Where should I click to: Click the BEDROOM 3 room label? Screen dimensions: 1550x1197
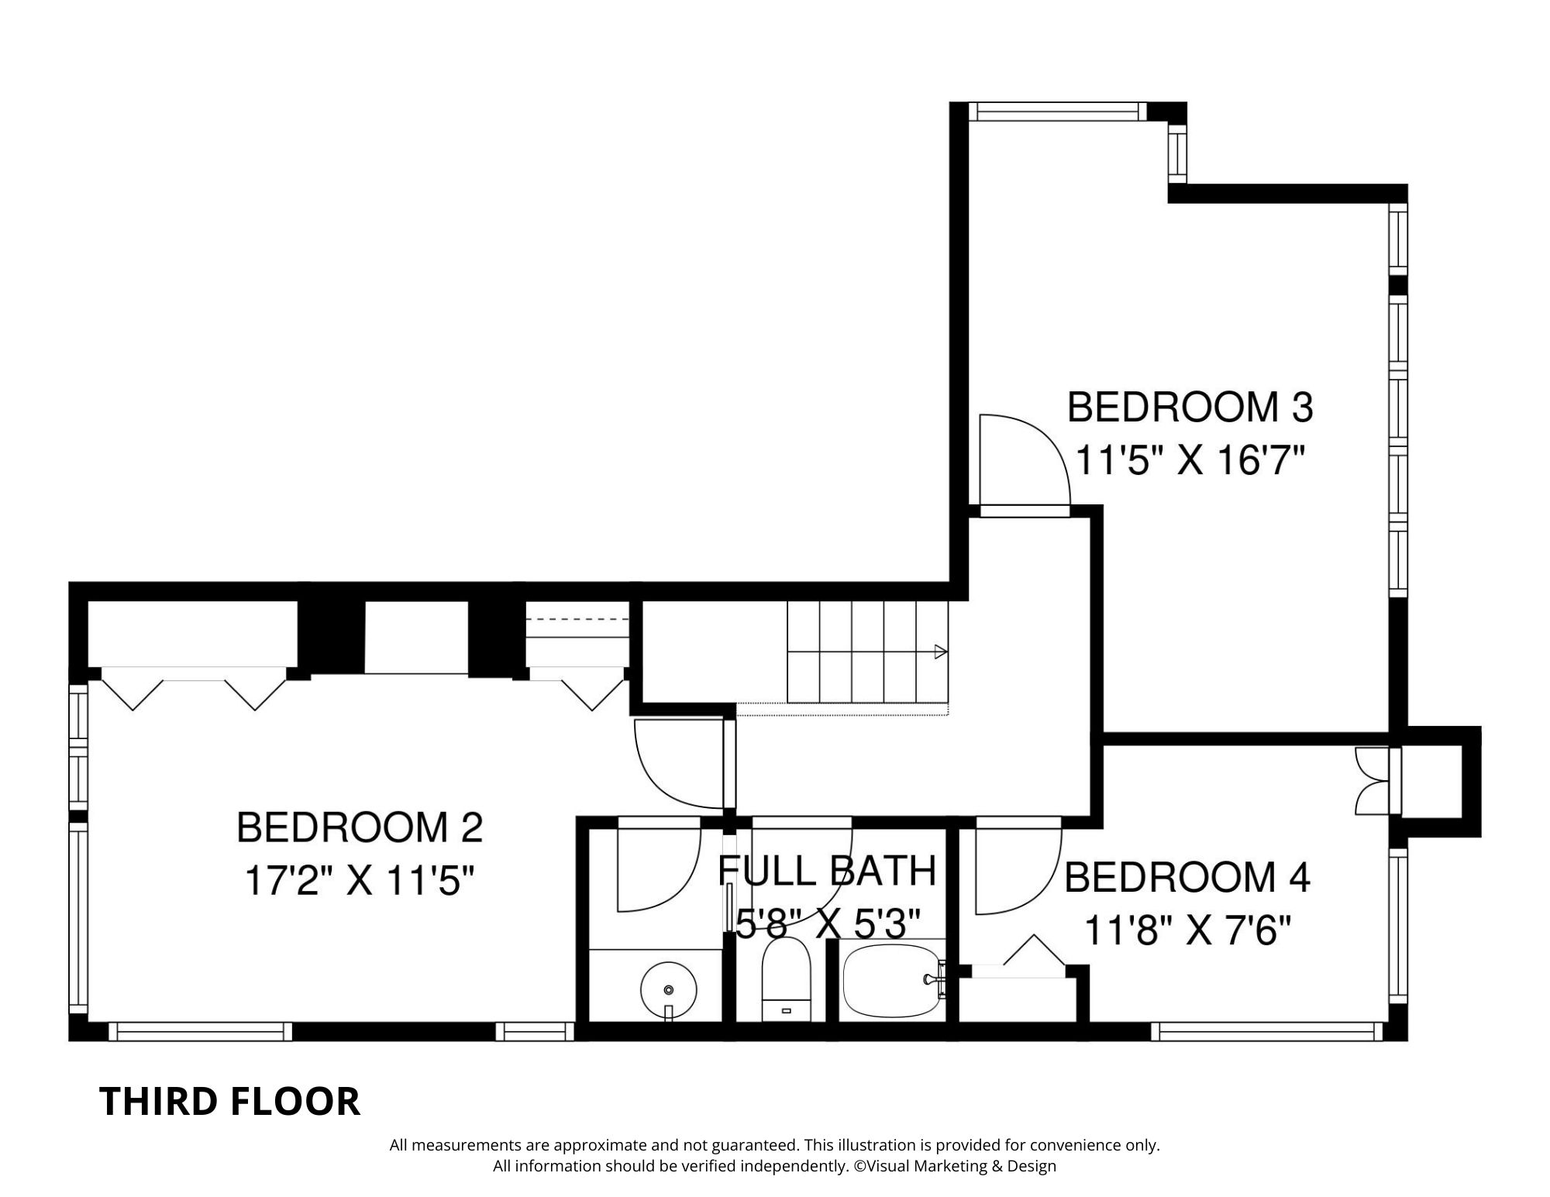coord(1190,408)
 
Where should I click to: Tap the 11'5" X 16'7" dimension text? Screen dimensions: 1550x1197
coord(1190,463)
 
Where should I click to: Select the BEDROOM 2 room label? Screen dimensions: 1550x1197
coord(360,827)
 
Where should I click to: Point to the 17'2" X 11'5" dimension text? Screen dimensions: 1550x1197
coord(359,881)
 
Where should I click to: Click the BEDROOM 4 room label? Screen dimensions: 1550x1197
coord(1187,878)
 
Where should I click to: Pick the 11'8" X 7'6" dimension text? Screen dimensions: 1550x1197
coord(1187,930)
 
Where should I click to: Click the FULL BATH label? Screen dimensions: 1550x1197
coord(828,871)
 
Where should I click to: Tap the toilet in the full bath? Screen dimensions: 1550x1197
coord(786,980)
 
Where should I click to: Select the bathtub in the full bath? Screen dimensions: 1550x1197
coord(892,980)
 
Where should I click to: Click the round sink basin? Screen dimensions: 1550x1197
coord(669,989)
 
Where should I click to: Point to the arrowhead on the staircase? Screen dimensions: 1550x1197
coord(941,652)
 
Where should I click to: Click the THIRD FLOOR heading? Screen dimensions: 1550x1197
coord(230,1102)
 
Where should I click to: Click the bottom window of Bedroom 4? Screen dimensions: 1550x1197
coord(1267,1031)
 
